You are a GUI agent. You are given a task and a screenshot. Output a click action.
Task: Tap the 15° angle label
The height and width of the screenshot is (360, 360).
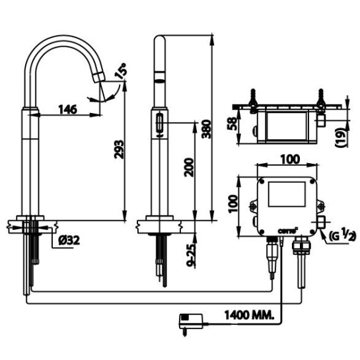[x=120, y=71]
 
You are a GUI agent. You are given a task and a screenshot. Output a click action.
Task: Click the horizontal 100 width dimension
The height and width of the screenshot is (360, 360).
[x=287, y=161]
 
